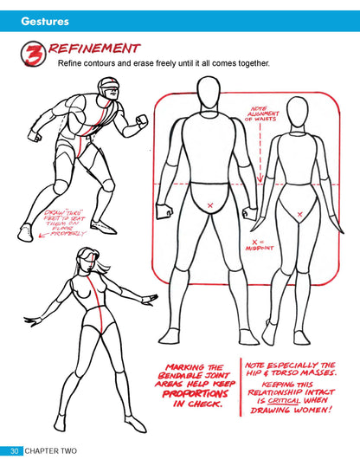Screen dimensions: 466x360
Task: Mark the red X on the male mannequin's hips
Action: pyautogui.click(x=209, y=204)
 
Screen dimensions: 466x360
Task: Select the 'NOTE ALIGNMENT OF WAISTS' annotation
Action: pyautogui.click(x=260, y=113)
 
